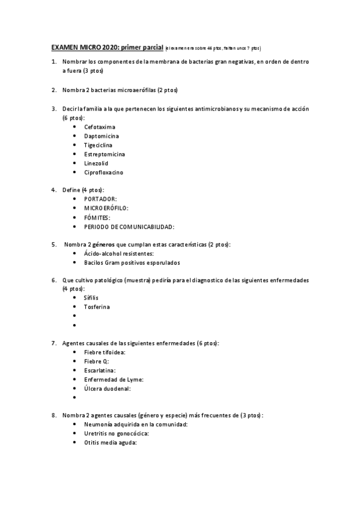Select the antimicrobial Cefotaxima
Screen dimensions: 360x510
[x=100, y=127]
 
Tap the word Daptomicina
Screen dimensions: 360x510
[x=102, y=136]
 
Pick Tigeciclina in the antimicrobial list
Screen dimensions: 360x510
[x=98, y=145]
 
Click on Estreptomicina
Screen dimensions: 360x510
[x=105, y=154]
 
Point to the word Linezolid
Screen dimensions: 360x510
[x=97, y=163]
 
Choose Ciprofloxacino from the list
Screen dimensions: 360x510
[x=104, y=172]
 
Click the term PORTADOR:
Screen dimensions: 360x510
[x=100, y=198]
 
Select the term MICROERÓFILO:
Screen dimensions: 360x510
[x=106, y=208]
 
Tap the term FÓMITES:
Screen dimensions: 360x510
[x=97, y=217]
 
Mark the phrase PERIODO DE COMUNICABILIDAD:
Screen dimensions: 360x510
[x=129, y=226]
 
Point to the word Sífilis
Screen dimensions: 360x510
[x=91, y=298]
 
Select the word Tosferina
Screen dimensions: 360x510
[x=97, y=307]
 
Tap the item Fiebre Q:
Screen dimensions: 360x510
[x=97, y=361]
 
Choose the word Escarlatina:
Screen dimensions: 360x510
[x=100, y=370]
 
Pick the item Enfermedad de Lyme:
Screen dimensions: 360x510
[x=114, y=379]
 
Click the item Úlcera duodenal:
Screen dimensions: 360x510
[x=108, y=388]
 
